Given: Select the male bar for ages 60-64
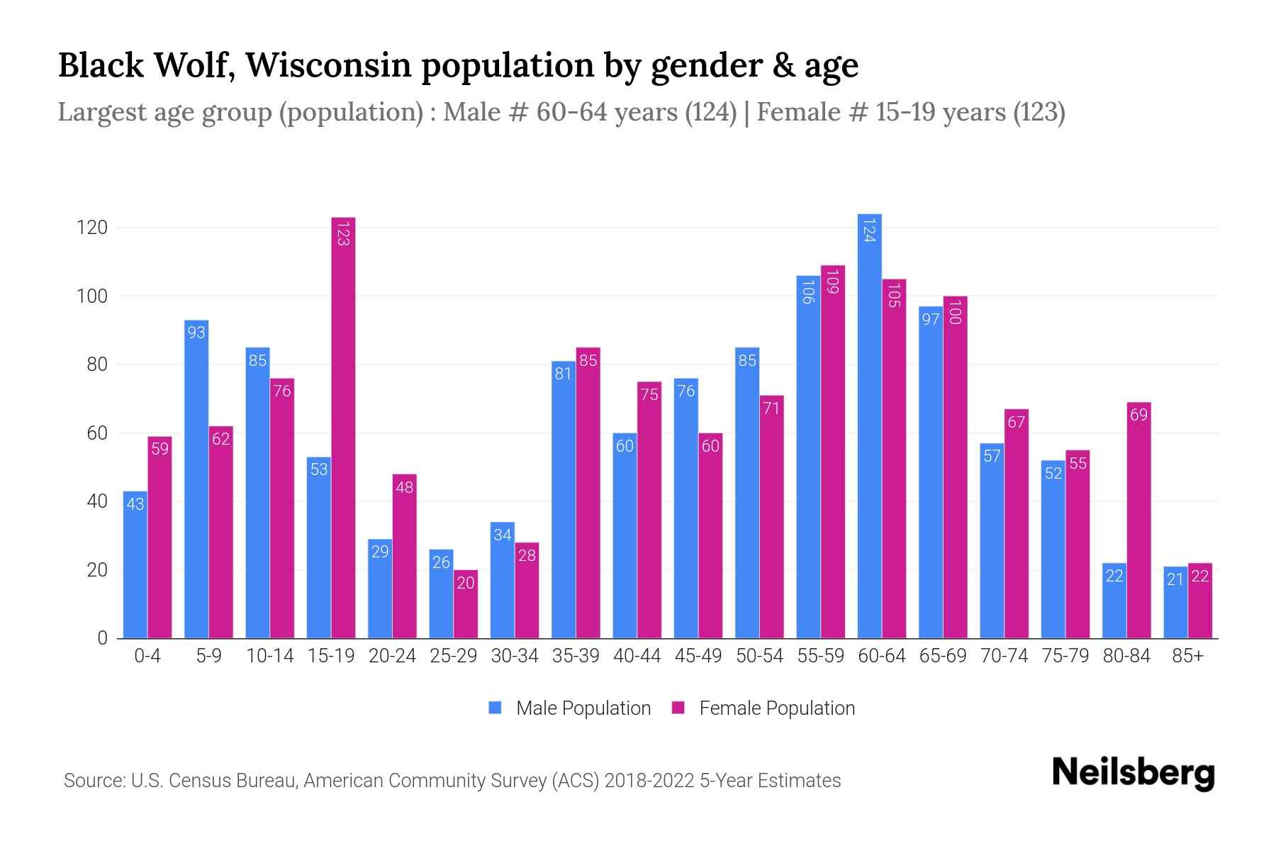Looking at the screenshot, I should click(869, 425).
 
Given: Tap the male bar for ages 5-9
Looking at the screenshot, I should click(196, 479).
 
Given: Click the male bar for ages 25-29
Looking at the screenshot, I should click(441, 594).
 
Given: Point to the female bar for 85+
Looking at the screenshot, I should click(1199, 601).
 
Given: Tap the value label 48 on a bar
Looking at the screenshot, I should click(404, 488).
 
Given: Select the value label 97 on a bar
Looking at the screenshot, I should click(930, 320).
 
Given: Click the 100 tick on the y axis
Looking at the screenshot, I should click(91, 296).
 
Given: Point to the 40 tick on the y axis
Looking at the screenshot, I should click(96, 501).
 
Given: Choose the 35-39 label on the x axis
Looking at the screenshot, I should click(576, 656).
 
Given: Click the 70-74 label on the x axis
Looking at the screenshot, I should click(1004, 656).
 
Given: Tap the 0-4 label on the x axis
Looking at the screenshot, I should click(147, 656).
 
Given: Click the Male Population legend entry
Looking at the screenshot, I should click(583, 708).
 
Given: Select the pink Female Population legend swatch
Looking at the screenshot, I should click(678, 708).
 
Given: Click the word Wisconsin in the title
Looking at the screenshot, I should click(328, 65).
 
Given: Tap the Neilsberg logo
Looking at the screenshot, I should click(1133, 773).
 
